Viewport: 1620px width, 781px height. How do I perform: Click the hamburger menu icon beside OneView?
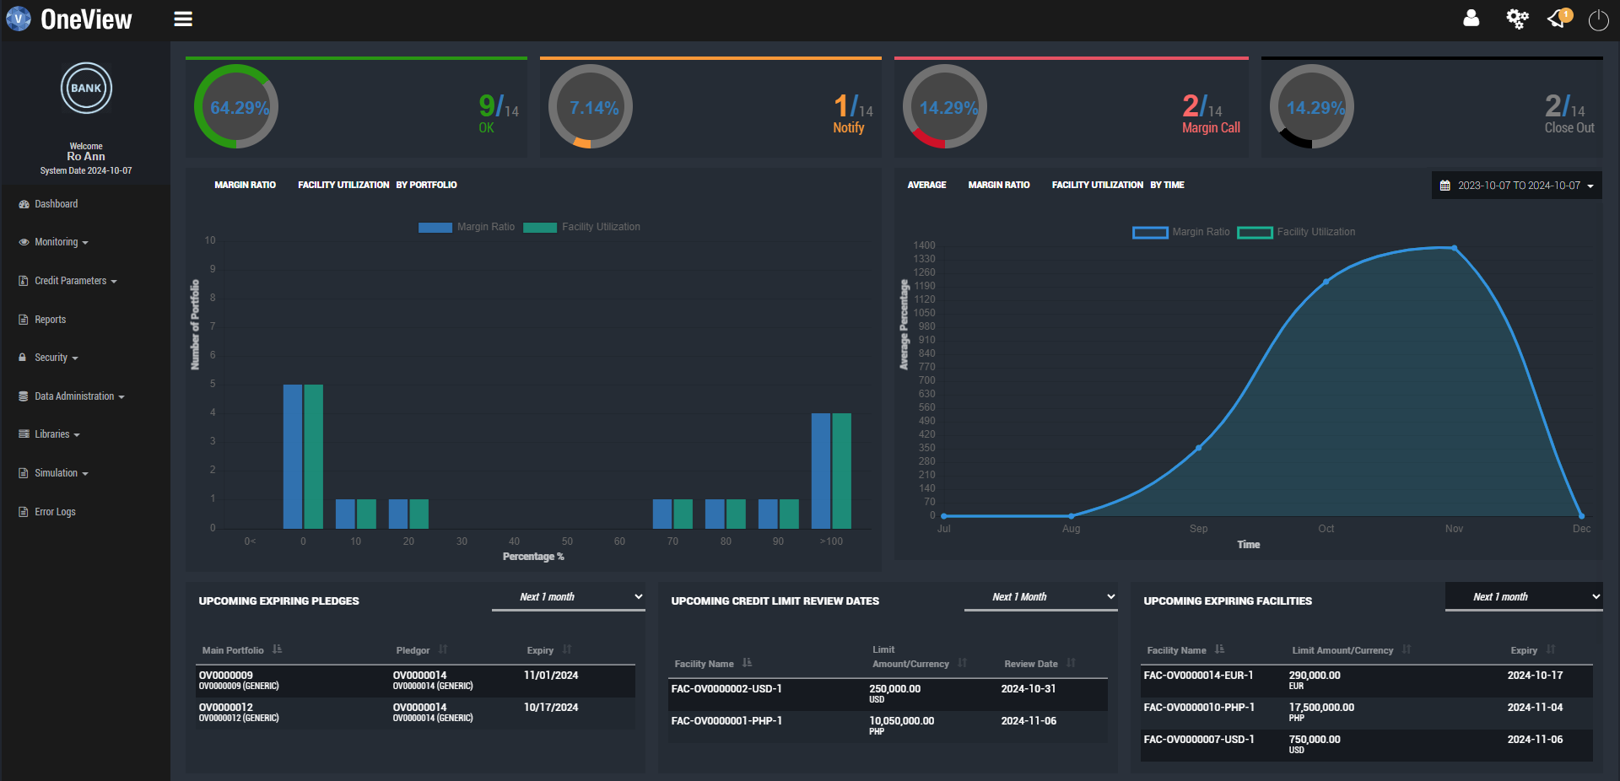[x=183, y=19]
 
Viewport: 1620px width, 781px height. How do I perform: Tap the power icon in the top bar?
[x=1598, y=19]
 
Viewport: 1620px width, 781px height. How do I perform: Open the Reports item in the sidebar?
[x=50, y=320]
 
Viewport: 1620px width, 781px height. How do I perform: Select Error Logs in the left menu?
[x=55, y=512]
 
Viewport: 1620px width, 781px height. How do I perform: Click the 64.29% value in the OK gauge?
[x=239, y=108]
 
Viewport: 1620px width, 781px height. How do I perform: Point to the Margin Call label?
[x=1210, y=128]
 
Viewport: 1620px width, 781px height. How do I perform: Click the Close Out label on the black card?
[x=1569, y=128]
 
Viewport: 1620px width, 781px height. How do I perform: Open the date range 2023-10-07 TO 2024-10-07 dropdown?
[x=1516, y=186]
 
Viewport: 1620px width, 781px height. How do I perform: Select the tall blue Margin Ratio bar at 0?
[x=292, y=455]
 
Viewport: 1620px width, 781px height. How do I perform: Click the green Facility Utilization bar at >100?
[x=841, y=470]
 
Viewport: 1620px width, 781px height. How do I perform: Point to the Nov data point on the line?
[x=1454, y=248]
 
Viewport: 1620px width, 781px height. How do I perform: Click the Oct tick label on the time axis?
[x=1326, y=529]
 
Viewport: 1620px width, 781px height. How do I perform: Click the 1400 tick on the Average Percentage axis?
[x=924, y=245]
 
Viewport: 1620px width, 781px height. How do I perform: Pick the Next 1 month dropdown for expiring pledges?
[x=569, y=597]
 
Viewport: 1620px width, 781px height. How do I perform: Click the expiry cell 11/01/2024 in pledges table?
[x=551, y=676]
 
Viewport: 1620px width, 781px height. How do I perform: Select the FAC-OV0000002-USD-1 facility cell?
[x=726, y=689]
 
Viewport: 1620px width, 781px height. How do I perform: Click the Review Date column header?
[x=1030, y=664]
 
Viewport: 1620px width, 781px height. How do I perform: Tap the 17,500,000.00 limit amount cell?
[x=1320, y=708]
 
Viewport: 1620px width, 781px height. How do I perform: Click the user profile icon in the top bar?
[x=1471, y=19]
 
